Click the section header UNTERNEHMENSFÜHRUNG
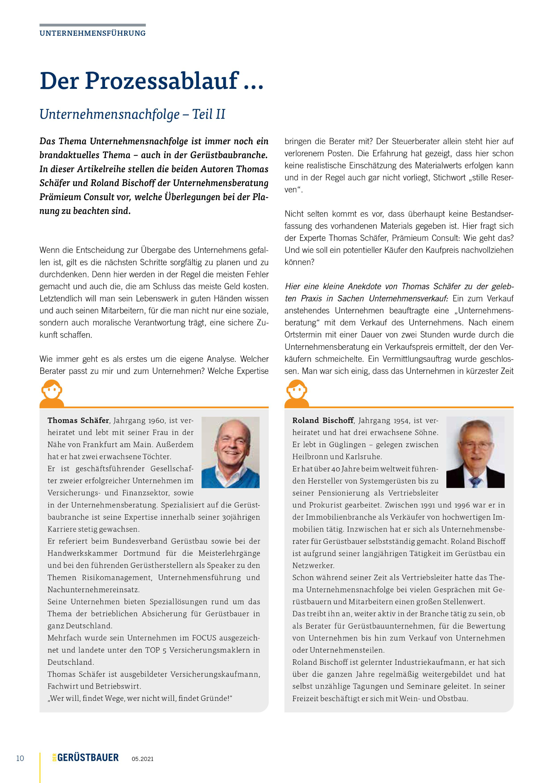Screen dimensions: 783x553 pos(92,33)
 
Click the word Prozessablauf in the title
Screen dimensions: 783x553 pos(162,81)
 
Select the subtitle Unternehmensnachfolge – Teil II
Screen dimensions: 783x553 pos(132,114)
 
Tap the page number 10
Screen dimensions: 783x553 pos(20,758)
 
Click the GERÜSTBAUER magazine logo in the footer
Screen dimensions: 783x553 pos(87,757)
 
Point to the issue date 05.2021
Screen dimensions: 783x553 pos(142,759)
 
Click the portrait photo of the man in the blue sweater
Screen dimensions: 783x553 pos(230,452)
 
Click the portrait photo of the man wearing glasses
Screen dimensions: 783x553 pos(475,452)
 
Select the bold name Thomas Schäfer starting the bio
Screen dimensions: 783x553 pos(78,421)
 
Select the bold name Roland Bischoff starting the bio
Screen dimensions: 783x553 pos(323,421)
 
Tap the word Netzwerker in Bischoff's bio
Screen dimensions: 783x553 pos(313,565)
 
